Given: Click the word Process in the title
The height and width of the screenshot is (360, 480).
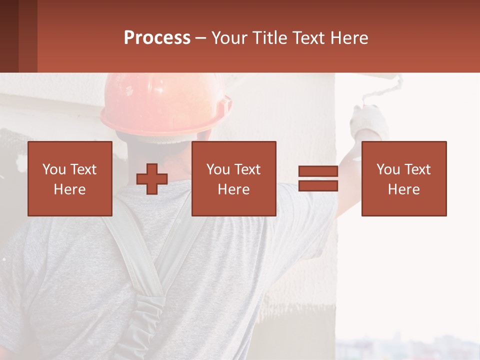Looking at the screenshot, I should click(157, 38).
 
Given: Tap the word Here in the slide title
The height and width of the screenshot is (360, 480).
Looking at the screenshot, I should click(348, 38).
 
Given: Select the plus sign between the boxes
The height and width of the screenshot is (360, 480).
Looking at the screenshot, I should click(152, 179).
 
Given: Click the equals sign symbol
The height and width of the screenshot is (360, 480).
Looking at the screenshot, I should click(318, 178).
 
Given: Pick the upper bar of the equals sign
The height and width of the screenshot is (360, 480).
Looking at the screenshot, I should click(318, 171).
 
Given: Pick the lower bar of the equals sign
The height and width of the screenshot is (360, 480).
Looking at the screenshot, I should click(318, 186).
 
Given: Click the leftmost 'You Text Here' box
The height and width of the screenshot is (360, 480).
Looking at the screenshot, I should click(69, 178).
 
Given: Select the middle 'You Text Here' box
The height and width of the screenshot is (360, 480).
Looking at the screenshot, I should click(233, 178).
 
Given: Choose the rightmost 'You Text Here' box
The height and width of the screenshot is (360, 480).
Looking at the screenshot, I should click(403, 178).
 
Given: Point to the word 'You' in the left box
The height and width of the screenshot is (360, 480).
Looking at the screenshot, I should click(54, 169).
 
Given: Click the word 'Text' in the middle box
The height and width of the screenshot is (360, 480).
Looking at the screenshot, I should click(247, 169).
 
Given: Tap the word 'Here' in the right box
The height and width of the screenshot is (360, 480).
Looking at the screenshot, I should click(403, 189).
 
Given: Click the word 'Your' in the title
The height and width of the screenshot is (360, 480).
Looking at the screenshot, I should click(229, 38).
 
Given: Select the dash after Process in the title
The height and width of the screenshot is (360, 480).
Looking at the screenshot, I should click(200, 38).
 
